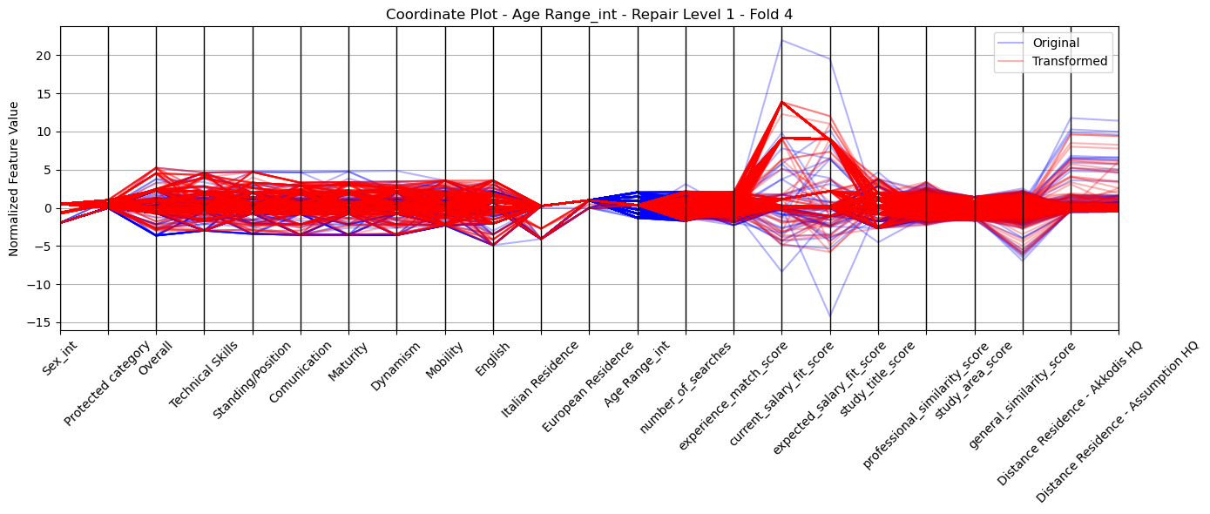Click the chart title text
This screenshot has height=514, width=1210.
click(x=589, y=14)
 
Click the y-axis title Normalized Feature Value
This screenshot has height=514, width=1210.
click(x=14, y=179)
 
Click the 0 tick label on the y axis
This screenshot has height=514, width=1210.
click(x=49, y=208)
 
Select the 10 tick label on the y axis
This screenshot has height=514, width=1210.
click(x=44, y=132)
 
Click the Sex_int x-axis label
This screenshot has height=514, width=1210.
click(x=59, y=358)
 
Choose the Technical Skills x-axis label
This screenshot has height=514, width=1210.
click(x=203, y=375)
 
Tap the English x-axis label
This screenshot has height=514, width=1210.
click(x=493, y=360)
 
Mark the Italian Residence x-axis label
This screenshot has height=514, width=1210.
click(x=540, y=379)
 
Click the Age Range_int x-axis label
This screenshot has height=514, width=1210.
click(x=637, y=374)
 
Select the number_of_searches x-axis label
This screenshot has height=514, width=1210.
click(x=686, y=388)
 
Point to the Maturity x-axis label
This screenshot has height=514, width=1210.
click(x=348, y=362)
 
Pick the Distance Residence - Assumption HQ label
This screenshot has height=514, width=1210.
click(x=1117, y=422)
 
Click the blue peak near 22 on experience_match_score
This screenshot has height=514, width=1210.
click(x=781, y=41)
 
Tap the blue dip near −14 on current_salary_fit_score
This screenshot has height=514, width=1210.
click(x=830, y=316)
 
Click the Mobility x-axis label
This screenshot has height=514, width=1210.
click(x=444, y=361)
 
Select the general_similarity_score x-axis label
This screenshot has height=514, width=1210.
click(x=1022, y=396)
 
